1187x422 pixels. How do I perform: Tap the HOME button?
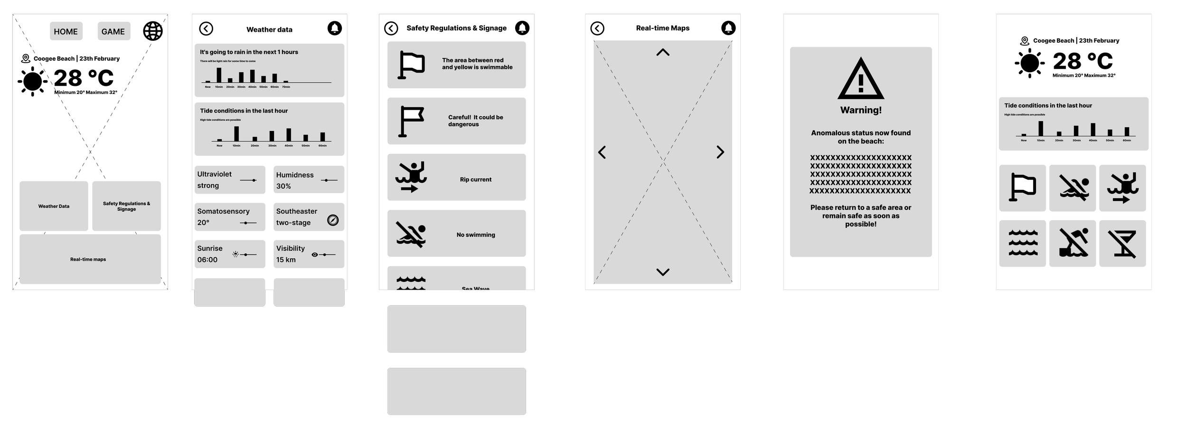(x=66, y=31)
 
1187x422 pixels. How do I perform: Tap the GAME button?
(x=113, y=31)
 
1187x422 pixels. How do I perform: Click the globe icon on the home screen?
(x=153, y=31)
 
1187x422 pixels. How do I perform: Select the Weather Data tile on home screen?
(x=54, y=206)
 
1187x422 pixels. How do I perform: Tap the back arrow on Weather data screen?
(x=206, y=29)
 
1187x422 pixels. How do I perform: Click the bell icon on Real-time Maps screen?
(x=728, y=28)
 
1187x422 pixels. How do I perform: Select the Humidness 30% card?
(x=309, y=180)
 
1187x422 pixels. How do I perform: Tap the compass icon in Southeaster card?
(x=333, y=220)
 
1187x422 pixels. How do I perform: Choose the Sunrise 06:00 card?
(x=229, y=254)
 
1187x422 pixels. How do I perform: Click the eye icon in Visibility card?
(x=314, y=255)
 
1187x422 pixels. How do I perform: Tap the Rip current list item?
(x=456, y=178)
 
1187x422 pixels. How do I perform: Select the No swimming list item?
(x=456, y=234)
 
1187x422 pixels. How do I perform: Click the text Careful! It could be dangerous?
(x=475, y=121)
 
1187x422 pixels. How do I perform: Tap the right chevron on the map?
(x=720, y=152)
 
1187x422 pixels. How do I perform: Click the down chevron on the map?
(x=663, y=272)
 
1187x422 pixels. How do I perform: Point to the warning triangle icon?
(x=860, y=79)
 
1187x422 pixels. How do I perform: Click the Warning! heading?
(x=861, y=110)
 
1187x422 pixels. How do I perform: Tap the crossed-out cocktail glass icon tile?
(x=1122, y=244)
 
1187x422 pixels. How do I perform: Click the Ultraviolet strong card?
(x=229, y=180)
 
